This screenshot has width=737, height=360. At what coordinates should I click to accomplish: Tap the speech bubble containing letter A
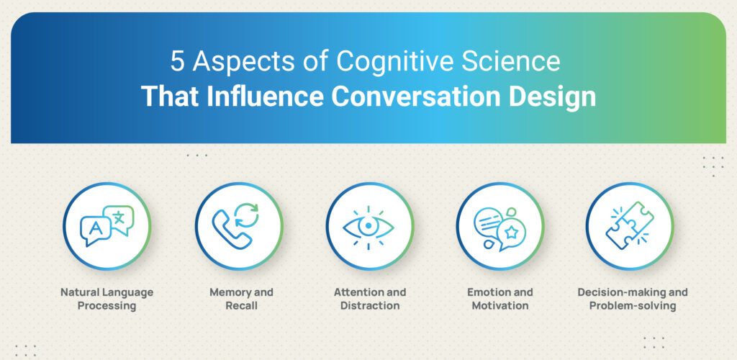point(96,230)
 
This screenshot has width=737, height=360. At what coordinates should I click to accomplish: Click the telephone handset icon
point(230,229)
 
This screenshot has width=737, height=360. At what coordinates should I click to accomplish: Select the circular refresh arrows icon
point(246,215)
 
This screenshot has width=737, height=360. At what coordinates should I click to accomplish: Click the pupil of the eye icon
point(368,226)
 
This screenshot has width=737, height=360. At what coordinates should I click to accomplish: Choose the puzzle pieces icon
point(629,225)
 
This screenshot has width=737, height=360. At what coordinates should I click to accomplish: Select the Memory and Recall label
point(241,299)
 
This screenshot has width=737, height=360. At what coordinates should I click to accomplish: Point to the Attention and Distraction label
point(370,299)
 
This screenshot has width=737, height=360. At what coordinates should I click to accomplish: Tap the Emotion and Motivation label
point(500,299)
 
